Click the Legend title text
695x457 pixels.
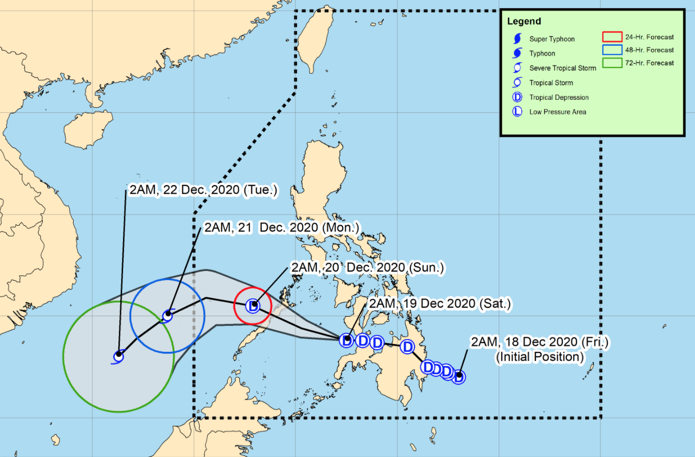[x=524, y=21]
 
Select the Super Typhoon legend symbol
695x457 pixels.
[x=518, y=39]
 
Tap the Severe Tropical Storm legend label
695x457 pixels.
[x=562, y=68]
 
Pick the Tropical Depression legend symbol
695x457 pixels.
[x=517, y=97]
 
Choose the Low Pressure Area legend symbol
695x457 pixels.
[x=517, y=112]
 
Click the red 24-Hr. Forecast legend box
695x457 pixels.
[x=612, y=37]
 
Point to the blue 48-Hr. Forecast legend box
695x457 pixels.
[x=612, y=50]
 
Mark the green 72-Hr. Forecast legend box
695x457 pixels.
[x=612, y=63]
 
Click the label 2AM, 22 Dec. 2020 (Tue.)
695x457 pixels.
[x=203, y=190]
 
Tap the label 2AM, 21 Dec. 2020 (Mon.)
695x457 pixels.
[x=282, y=227]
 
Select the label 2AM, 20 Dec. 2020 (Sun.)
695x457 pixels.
[x=367, y=267]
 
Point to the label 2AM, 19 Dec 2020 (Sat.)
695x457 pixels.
[x=440, y=303]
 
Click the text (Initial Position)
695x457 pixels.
[x=539, y=357]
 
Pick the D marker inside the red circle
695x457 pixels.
[x=253, y=306]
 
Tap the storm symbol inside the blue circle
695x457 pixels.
[x=167, y=315]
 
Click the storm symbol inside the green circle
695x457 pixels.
[x=118, y=356]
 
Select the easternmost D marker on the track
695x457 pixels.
[x=459, y=377]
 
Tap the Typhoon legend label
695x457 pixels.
[x=542, y=53]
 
